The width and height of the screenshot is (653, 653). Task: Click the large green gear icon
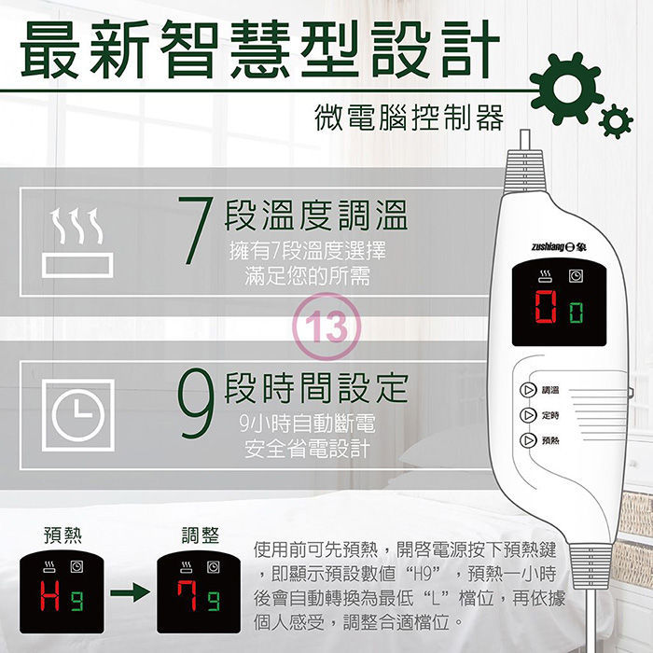[567, 89]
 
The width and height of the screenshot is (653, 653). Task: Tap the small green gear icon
[616, 121]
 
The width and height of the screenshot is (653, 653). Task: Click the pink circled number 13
[326, 326]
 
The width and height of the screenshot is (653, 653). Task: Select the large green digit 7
[196, 229]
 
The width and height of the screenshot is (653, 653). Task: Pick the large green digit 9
[196, 403]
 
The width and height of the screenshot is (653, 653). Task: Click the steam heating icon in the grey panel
[77, 243]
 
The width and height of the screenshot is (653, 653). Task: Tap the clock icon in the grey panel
[77, 415]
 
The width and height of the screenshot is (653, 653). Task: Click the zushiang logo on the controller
[559, 247]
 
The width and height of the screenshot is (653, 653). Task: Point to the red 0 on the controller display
[546, 307]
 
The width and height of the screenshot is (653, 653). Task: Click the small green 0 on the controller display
[577, 313]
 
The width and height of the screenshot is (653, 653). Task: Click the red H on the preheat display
[50, 595]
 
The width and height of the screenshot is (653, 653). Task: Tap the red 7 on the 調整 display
[187, 595]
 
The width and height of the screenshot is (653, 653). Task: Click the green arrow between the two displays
[130, 592]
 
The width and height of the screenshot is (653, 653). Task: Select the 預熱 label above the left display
[63, 535]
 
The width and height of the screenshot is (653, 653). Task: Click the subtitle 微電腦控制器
[409, 118]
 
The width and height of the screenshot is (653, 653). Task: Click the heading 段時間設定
[316, 387]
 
